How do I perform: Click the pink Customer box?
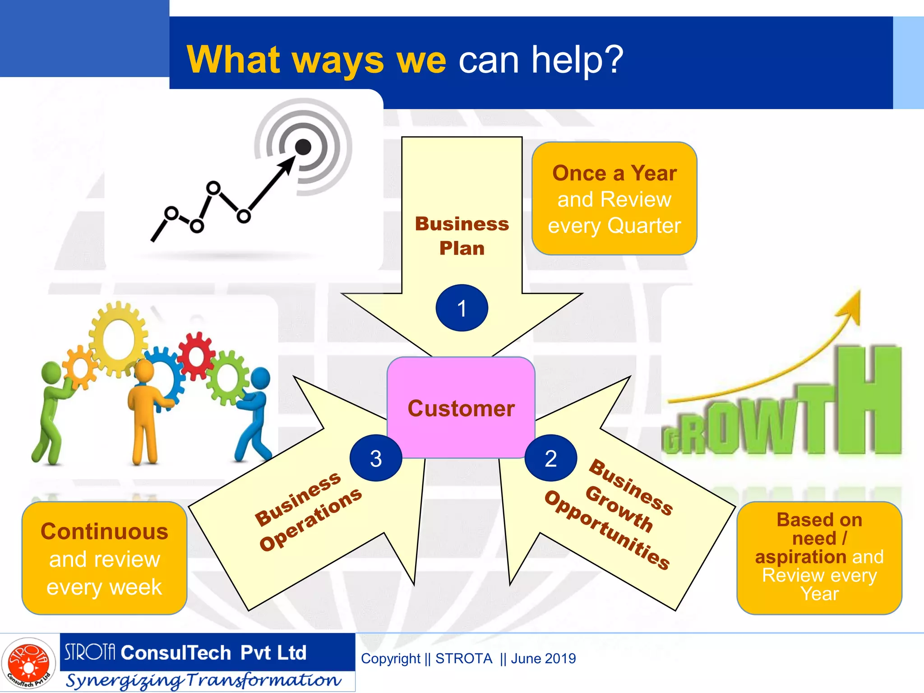(x=461, y=408)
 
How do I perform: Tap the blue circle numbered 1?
(x=462, y=308)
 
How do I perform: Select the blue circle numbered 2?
(x=550, y=458)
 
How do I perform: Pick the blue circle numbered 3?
(x=375, y=458)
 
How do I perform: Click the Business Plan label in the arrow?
(x=462, y=236)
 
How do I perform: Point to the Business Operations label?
(x=308, y=511)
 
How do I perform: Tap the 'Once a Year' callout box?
(x=614, y=199)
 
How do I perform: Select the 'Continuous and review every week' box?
(x=104, y=559)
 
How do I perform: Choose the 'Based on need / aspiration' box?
(x=819, y=558)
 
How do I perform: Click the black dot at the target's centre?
(x=303, y=147)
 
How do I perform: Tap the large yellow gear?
(x=119, y=339)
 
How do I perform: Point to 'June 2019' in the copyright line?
(x=543, y=659)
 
